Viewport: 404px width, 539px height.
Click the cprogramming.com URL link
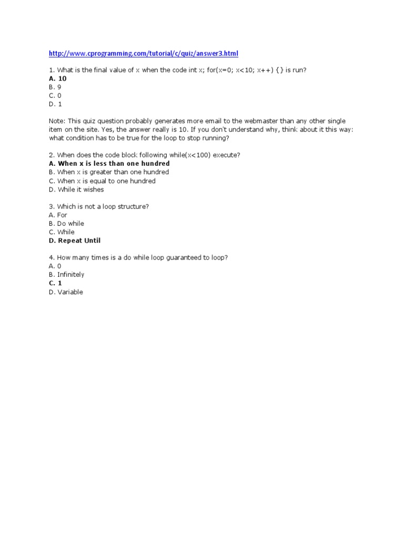[x=143, y=53]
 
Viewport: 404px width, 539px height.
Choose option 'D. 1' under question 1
[x=55, y=104]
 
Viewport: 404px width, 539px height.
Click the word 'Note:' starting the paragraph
[x=57, y=121]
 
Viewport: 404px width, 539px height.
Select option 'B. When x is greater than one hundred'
[x=109, y=172]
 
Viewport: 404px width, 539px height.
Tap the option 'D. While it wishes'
[x=76, y=189]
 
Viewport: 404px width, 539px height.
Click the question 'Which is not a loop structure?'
[x=98, y=206]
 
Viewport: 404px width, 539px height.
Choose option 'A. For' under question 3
[x=58, y=215]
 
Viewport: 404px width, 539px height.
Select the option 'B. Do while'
[x=66, y=223]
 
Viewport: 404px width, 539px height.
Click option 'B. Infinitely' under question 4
[x=66, y=274]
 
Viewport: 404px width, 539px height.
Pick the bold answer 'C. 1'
[x=55, y=283]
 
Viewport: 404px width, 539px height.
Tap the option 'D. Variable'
[x=66, y=292]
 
